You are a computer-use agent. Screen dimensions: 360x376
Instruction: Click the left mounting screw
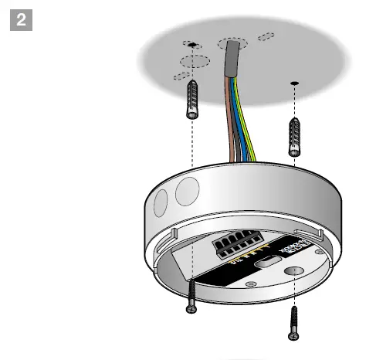point(189,297)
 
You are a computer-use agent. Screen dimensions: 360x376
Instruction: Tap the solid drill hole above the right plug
point(294,82)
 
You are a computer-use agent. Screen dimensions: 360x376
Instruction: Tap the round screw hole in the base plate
point(292,271)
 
